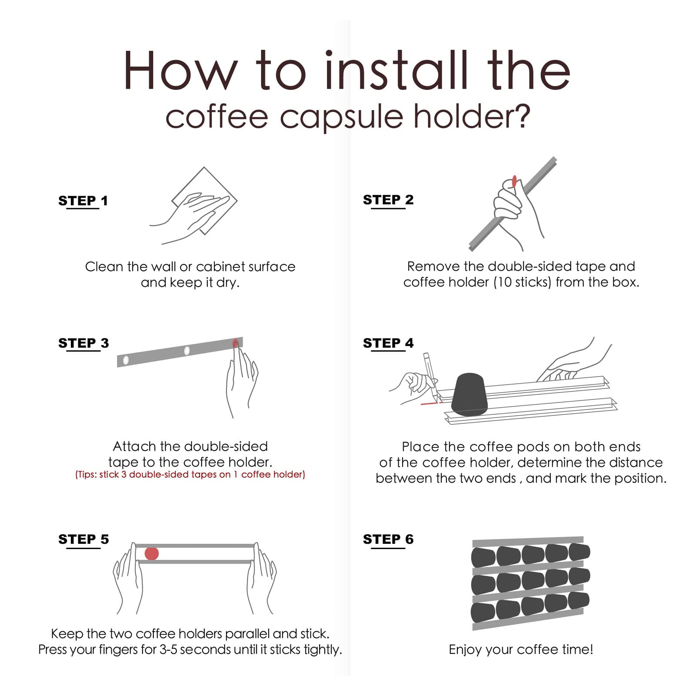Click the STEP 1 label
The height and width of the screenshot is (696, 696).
point(83,201)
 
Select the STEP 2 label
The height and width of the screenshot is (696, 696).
point(388,200)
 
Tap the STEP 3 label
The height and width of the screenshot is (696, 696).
point(83,343)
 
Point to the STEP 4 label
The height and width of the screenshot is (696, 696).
point(388,343)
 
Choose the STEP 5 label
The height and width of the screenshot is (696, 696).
point(83,539)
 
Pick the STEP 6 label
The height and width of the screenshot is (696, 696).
point(388,539)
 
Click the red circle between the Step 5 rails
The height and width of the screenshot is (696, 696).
point(152,553)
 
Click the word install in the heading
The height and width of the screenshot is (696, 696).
point(396,70)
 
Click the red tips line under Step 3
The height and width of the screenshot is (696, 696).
point(190,474)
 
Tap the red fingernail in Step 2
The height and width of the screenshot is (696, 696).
point(514,180)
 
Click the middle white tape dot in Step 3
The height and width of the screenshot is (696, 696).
point(187,350)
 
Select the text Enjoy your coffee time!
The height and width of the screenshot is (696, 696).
point(521,649)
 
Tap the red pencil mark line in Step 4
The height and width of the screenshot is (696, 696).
point(431,403)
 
